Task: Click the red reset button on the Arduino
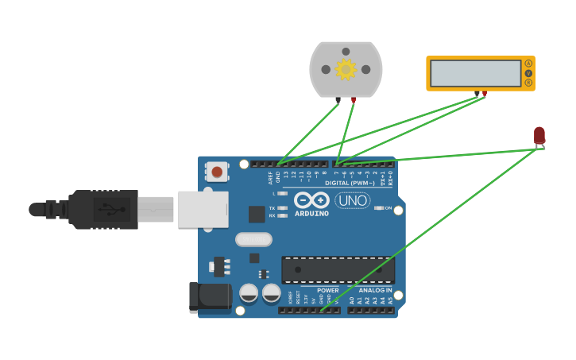(x=217, y=172)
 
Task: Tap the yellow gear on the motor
(x=346, y=69)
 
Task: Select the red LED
(x=539, y=135)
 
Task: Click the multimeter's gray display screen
(x=475, y=74)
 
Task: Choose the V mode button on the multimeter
(x=528, y=73)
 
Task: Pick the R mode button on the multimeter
(x=528, y=83)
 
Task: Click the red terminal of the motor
(x=354, y=100)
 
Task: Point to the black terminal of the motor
(x=338, y=100)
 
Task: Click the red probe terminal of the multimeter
(x=485, y=94)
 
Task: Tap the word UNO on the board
(x=352, y=200)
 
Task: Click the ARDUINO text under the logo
(x=311, y=214)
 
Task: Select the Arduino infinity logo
(x=311, y=200)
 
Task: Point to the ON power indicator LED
(x=379, y=208)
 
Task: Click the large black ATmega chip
(x=338, y=269)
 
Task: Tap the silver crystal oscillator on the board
(x=253, y=239)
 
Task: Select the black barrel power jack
(x=208, y=297)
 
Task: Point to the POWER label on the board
(x=327, y=290)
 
